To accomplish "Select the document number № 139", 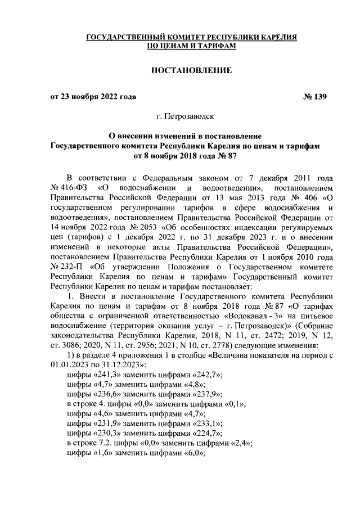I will coord(314,97).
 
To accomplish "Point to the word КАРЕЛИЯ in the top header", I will coord(274,37).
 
